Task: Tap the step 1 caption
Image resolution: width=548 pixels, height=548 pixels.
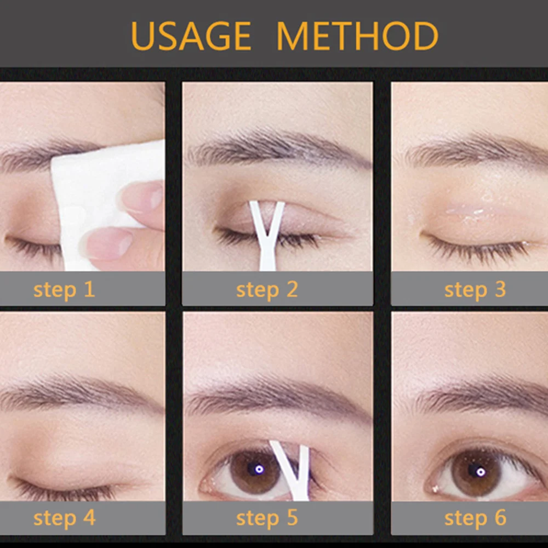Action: pos(64,289)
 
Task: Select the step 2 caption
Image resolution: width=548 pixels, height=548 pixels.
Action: pos(267,289)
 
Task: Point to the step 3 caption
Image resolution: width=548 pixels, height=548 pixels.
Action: pos(475,289)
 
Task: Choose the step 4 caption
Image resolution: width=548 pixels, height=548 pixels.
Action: pos(64,517)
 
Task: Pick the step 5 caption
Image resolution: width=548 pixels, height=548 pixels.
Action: pos(267,517)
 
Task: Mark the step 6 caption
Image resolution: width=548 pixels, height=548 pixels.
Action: pos(475,517)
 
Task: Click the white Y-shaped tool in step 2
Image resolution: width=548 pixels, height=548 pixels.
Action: pos(267,236)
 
